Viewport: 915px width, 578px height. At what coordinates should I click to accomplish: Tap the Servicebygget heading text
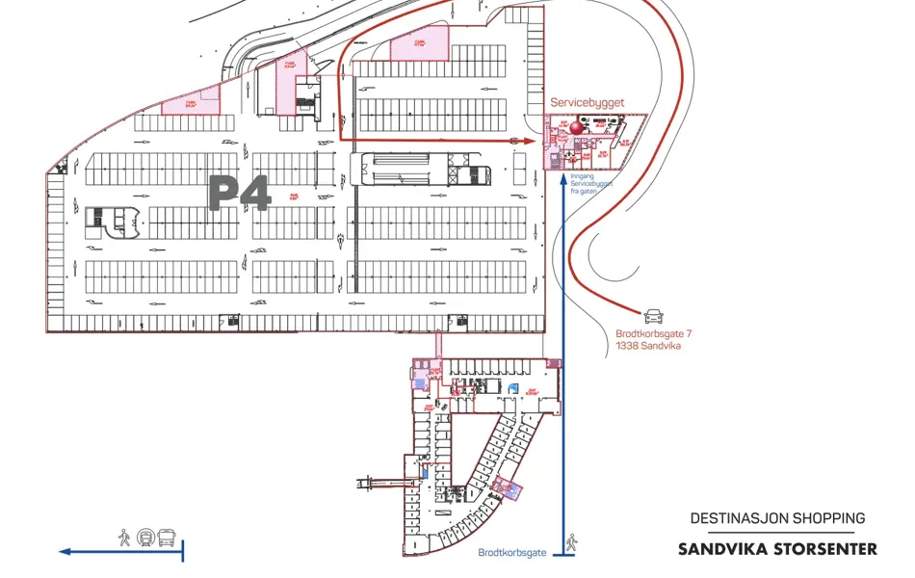(x=588, y=101)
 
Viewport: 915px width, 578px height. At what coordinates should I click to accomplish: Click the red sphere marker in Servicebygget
(x=578, y=125)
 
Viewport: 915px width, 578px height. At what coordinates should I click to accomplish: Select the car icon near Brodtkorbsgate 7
(x=653, y=314)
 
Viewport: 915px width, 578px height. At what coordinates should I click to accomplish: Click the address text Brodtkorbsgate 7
(x=654, y=334)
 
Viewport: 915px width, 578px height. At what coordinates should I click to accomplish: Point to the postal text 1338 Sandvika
(x=647, y=345)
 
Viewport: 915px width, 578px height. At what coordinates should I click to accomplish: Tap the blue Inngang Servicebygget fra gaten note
(x=591, y=184)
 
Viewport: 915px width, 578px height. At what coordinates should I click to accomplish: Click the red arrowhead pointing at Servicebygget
(x=528, y=141)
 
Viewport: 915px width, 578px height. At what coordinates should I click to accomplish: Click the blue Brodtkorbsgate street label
(x=512, y=553)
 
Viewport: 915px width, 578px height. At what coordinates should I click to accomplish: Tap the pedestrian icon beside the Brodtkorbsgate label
(x=571, y=543)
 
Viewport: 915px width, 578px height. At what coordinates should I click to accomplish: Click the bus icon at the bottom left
(x=168, y=537)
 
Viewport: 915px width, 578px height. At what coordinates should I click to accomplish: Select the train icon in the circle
(x=145, y=537)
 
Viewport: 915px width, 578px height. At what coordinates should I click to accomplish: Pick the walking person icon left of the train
(x=124, y=537)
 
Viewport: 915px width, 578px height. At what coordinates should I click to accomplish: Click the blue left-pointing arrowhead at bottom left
(x=65, y=552)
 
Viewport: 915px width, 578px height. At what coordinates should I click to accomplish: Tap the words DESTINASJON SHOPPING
(x=777, y=518)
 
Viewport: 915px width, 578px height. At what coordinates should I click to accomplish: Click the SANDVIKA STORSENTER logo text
(x=777, y=549)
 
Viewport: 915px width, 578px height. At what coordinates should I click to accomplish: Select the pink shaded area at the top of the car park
(x=420, y=45)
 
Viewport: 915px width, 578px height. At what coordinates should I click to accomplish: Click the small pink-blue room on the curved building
(x=509, y=489)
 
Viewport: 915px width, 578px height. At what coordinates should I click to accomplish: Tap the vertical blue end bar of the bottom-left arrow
(x=183, y=551)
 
